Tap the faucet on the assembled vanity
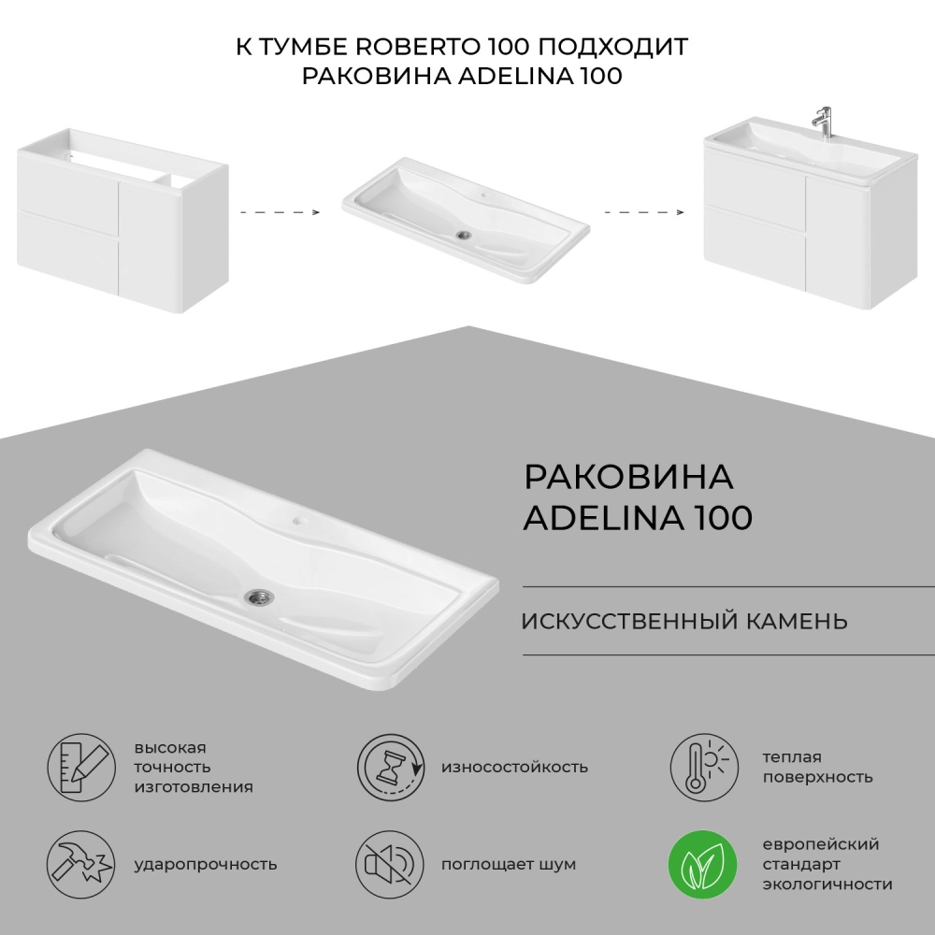[824, 122]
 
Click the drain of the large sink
[259, 596]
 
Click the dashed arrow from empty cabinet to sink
[280, 211]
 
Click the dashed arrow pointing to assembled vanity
[644, 211]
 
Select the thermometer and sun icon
[704, 768]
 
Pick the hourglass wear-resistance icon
[391, 768]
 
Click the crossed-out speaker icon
[390, 865]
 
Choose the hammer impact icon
[81, 865]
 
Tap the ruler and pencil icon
[81, 768]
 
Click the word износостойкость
[514, 767]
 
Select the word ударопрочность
[206, 864]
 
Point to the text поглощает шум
[509, 864]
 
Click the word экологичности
[827, 885]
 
